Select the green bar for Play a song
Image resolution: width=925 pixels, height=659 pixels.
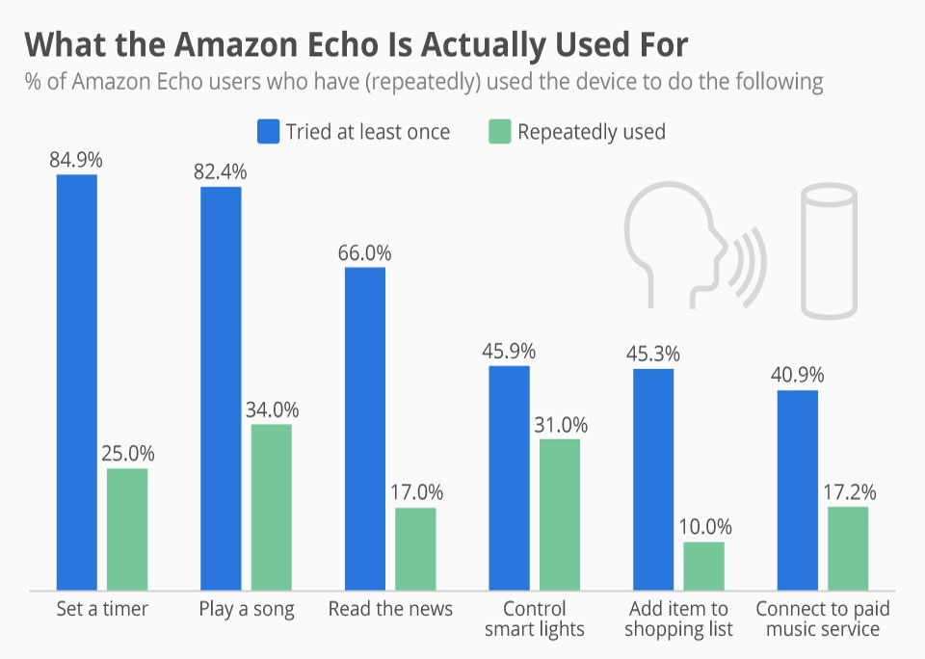[271, 507]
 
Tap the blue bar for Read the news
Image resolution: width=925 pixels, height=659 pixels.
[365, 429]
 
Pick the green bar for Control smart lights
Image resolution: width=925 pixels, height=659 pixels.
[559, 514]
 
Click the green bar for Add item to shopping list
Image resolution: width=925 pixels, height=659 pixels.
[703, 567]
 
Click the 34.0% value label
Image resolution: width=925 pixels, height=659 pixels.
[271, 409]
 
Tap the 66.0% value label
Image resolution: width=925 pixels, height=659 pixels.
[365, 252]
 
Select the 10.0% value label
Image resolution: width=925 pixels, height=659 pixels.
[704, 527]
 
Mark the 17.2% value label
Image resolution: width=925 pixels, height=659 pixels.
[849, 492]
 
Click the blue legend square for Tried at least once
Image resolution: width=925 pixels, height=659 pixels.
[268, 131]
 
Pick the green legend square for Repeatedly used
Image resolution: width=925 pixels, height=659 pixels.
[499, 131]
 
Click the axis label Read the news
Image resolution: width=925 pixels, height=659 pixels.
[390, 609]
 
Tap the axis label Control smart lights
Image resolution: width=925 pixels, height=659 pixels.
[534, 619]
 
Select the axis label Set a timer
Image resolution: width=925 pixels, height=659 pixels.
[102, 609]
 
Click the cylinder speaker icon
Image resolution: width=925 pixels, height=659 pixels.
[830, 252]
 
